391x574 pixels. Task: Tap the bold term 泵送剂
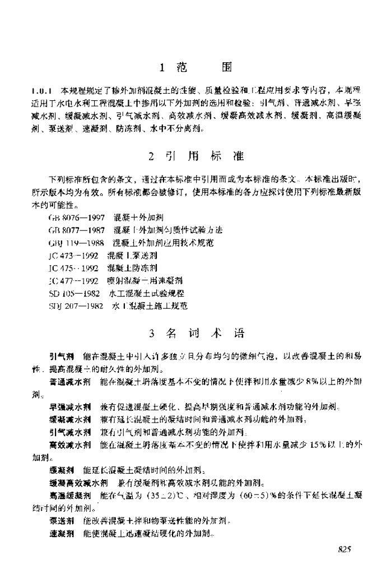coord(60,521)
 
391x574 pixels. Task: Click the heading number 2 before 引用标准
coord(152,155)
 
